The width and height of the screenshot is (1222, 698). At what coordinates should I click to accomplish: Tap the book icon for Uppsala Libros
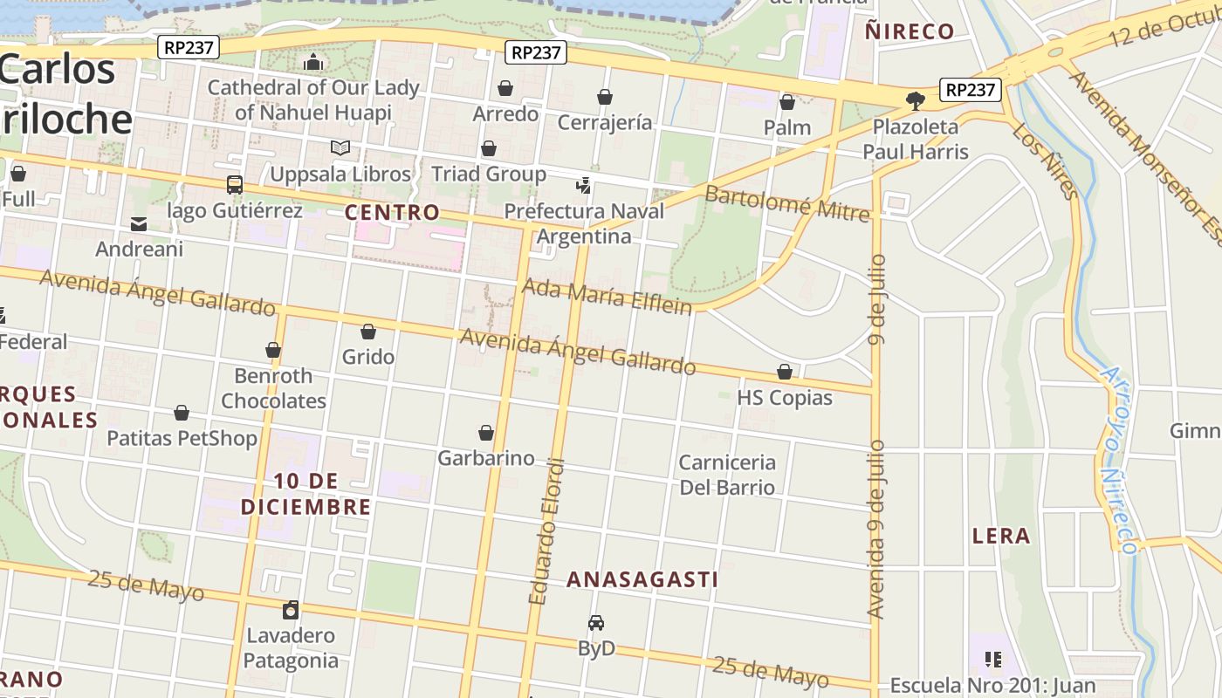(340, 148)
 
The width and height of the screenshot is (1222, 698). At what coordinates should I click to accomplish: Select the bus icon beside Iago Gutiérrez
(235, 184)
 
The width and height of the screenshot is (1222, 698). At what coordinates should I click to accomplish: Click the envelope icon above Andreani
(139, 224)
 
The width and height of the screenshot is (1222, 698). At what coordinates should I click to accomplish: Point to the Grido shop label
(368, 357)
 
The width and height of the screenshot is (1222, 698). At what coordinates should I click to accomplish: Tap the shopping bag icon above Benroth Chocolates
(273, 350)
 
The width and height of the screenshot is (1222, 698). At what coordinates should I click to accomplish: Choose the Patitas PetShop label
(182, 438)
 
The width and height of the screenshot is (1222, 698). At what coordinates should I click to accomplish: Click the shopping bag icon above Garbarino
(486, 433)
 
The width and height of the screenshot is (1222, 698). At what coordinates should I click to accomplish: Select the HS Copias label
(785, 398)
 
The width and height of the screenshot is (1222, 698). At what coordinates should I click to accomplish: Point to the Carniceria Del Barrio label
(727, 475)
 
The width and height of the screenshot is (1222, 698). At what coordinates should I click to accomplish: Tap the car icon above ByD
(596, 623)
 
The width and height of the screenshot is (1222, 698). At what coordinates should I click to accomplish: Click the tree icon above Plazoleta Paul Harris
(916, 101)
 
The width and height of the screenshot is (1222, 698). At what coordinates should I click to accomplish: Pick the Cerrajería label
(604, 122)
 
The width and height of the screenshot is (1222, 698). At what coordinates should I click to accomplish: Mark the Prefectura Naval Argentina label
(584, 223)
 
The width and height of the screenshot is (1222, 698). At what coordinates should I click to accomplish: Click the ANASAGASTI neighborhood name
(642, 579)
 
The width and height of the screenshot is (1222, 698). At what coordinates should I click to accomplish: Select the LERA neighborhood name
(1001, 536)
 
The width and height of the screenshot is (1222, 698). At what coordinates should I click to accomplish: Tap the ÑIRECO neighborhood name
(909, 32)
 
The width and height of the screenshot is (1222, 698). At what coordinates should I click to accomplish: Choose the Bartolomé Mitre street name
(787, 202)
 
